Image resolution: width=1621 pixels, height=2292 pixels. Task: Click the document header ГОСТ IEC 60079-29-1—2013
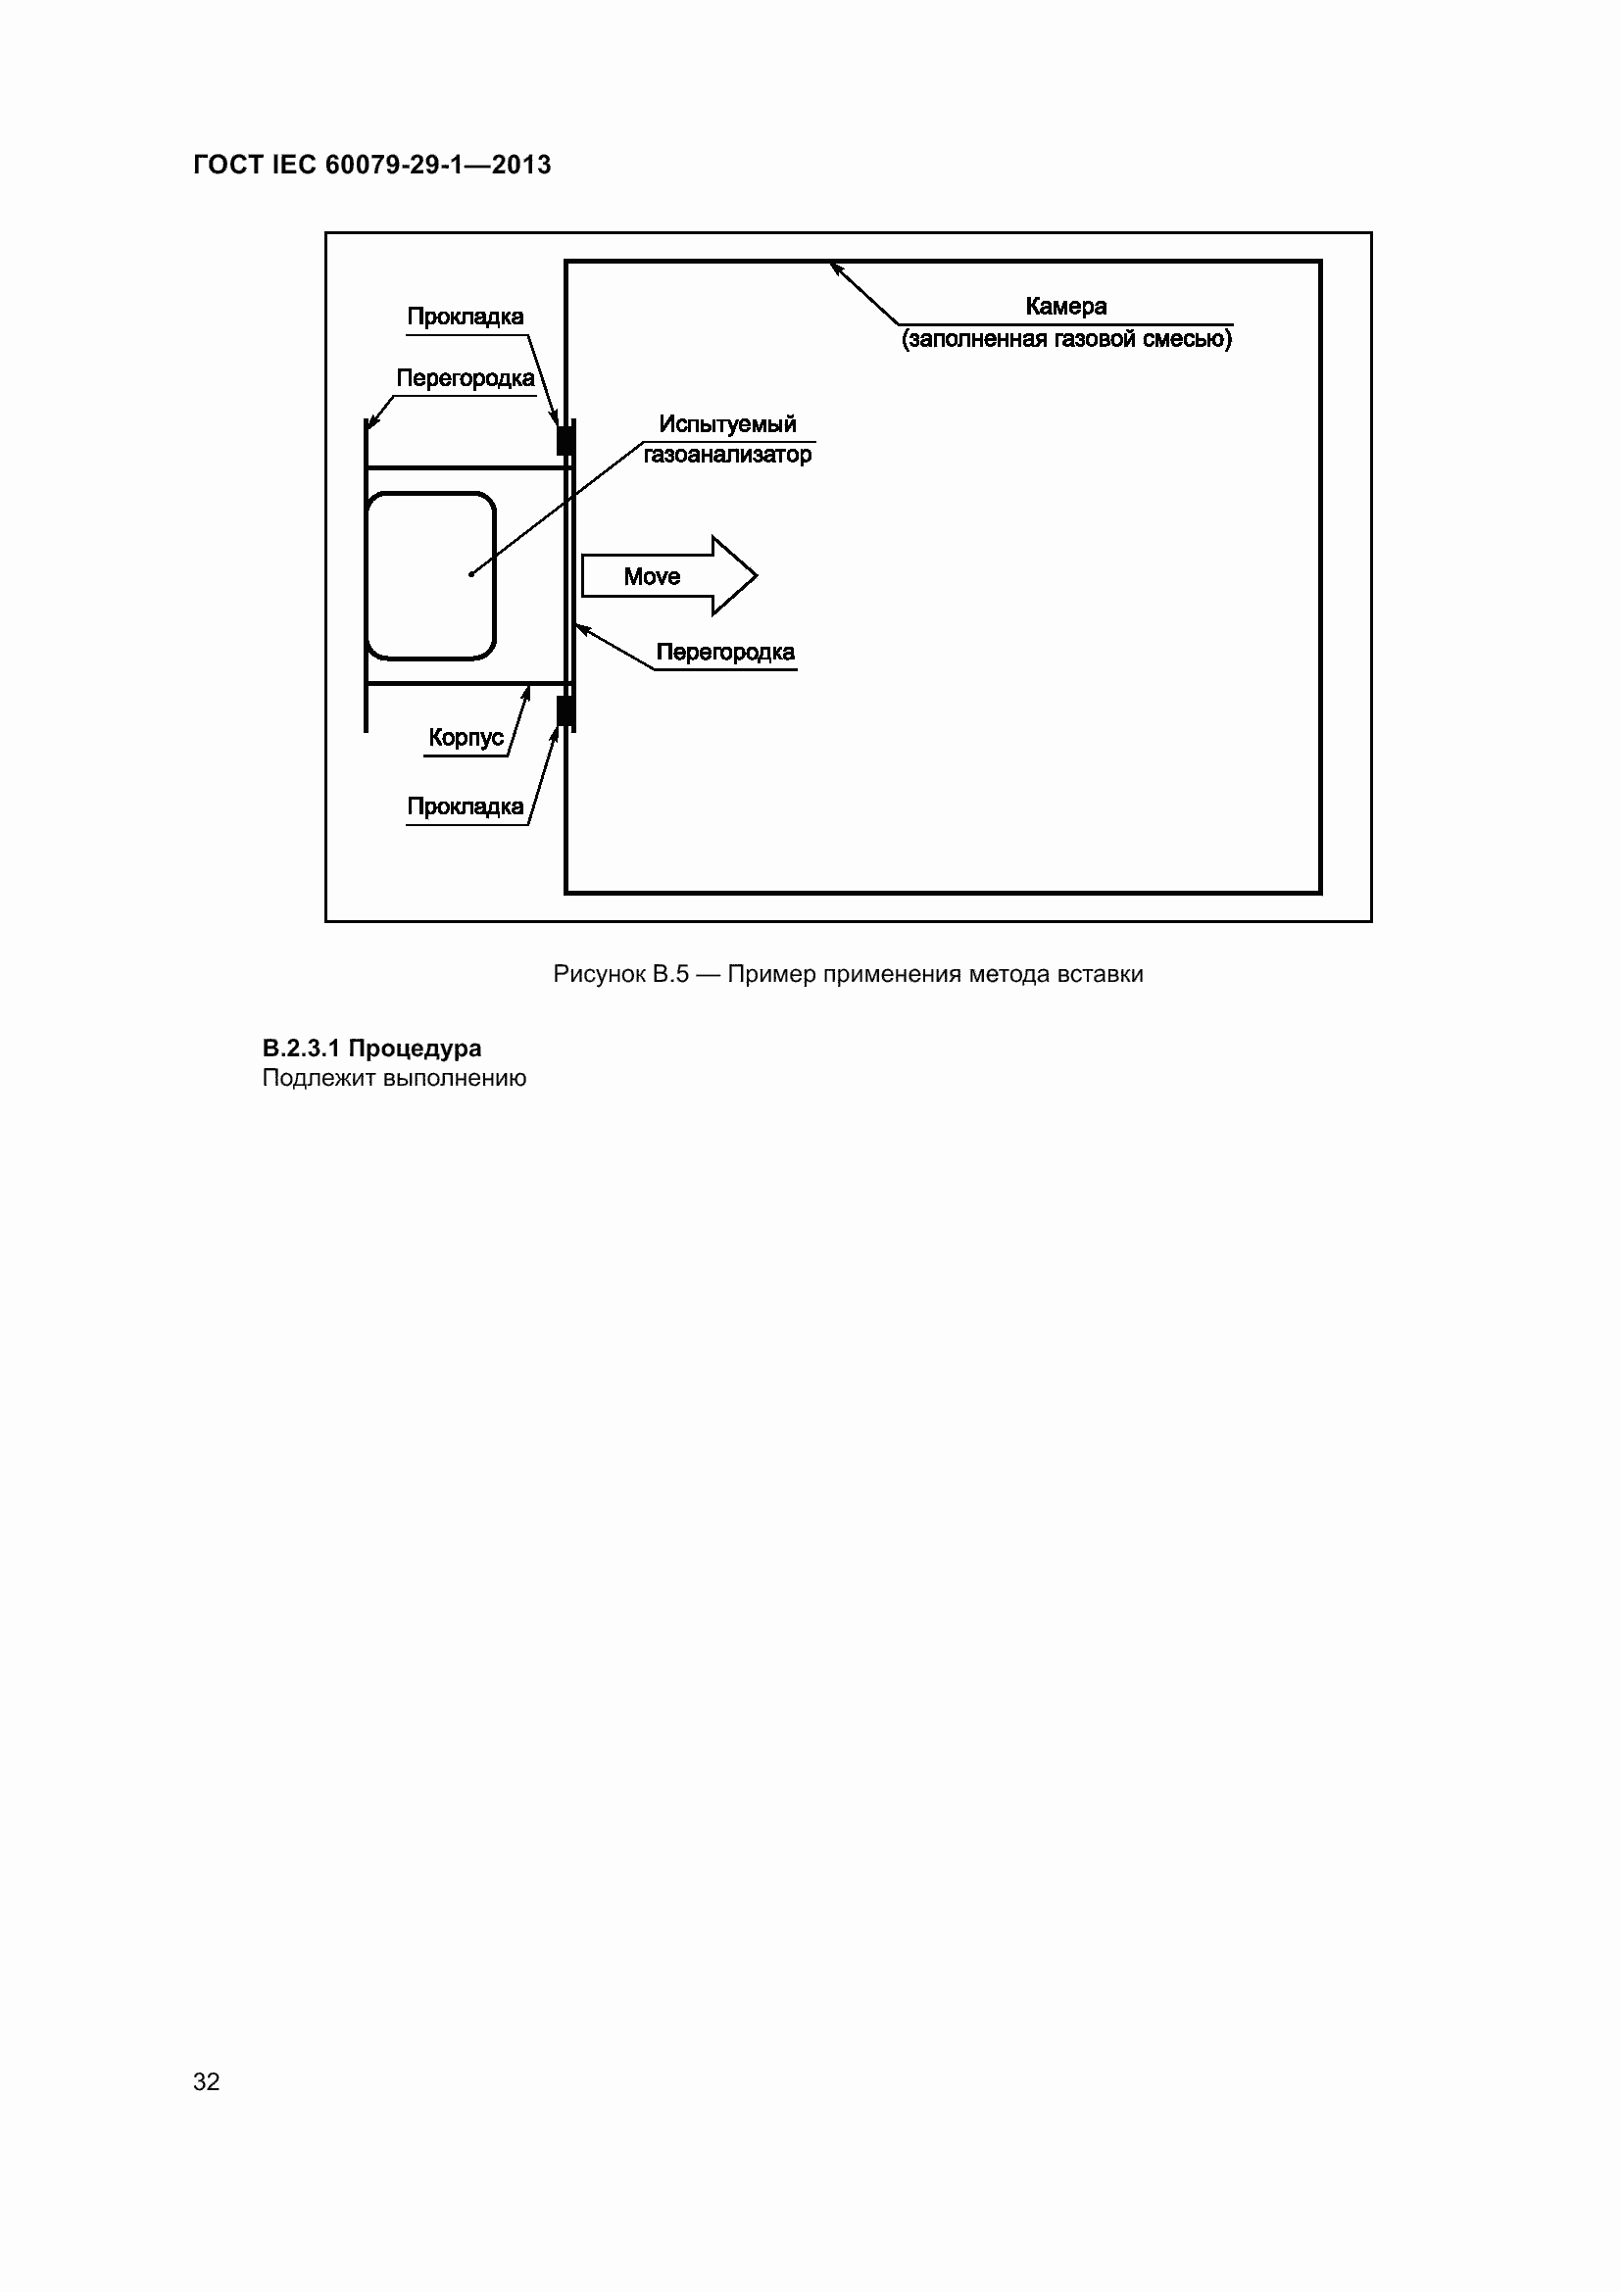tap(371, 165)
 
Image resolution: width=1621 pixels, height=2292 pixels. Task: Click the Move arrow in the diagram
tap(668, 576)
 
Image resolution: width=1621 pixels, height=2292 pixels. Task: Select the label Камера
tap(1065, 307)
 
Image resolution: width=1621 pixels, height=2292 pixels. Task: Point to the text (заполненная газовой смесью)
tap(1066, 339)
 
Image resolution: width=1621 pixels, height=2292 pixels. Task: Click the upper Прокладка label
tap(466, 317)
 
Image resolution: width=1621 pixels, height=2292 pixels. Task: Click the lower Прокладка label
tap(466, 806)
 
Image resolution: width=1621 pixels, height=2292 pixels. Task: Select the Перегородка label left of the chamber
tap(466, 378)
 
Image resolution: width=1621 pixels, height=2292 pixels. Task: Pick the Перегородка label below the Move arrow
tap(724, 653)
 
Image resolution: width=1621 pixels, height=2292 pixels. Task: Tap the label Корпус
tap(467, 738)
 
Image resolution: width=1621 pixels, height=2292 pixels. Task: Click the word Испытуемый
tap(726, 424)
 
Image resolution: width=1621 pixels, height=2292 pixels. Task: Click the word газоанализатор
tap(726, 456)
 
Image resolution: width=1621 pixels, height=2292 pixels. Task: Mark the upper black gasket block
tap(565, 440)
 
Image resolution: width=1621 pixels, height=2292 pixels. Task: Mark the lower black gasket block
tap(565, 710)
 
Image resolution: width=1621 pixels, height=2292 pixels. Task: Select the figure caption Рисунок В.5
tap(620, 974)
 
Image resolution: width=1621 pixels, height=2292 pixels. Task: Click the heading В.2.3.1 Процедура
tap(371, 1048)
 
